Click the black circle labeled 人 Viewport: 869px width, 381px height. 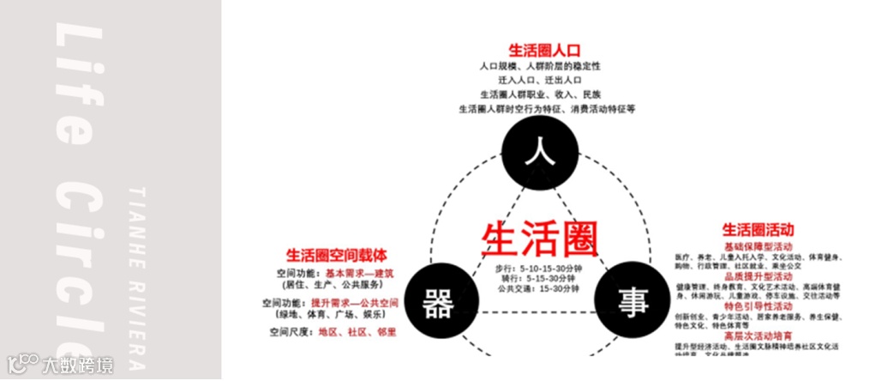coord(537,153)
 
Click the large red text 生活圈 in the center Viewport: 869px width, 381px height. coord(537,237)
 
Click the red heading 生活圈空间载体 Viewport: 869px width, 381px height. coord(336,255)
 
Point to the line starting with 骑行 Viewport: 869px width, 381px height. coord(537,278)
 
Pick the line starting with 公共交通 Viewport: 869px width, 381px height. coord(537,289)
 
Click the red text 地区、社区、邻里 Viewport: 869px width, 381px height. coord(357,332)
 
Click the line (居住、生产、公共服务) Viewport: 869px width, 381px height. coord(328,285)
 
